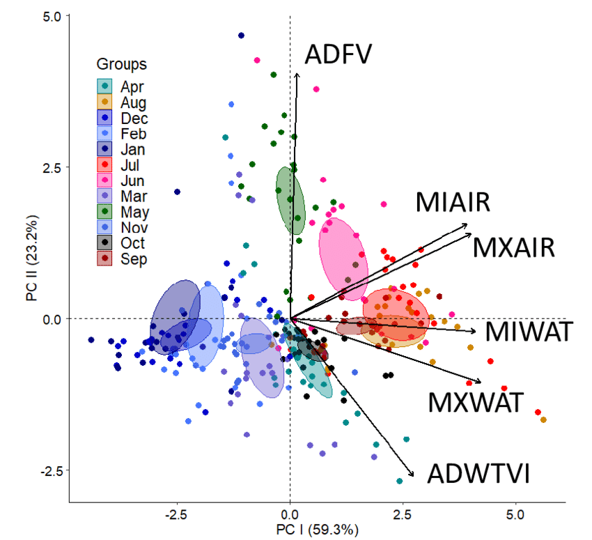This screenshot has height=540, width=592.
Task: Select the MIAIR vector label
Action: tap(453, 202)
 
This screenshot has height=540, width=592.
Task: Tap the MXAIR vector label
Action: tap(513, 247)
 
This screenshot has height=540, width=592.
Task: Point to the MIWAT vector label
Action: tap(528, 332)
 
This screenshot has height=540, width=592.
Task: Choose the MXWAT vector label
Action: tap(475, 403)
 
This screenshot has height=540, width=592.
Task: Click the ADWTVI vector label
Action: tap(478, 474)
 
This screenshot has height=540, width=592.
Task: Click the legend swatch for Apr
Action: tap(104, 86)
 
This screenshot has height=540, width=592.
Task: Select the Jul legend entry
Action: tap(130, 165)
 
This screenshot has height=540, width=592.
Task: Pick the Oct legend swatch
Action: tap(104, 243)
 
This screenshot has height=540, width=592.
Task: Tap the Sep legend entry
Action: tap(130, 259)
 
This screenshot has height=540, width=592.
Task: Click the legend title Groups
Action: tap(121, 65)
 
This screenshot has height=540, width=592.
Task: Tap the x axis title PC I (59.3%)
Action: tap(318, 530)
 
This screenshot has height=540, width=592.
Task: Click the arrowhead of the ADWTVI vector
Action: tap(413, 475)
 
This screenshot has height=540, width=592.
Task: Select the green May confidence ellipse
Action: tap(290, 201)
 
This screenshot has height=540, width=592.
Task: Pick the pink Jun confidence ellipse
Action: tap(343, 254)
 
